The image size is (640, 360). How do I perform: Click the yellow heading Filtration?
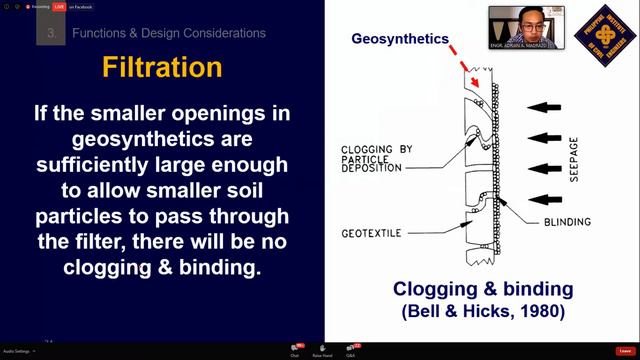[162, 68]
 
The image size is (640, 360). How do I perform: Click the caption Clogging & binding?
[483, 289]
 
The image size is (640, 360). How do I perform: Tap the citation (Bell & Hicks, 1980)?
[483, 311]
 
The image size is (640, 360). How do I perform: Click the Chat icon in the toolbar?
[295, 350]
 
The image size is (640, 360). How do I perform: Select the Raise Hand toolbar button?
[323, 350]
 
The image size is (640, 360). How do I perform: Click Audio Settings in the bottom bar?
[17, 352]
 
